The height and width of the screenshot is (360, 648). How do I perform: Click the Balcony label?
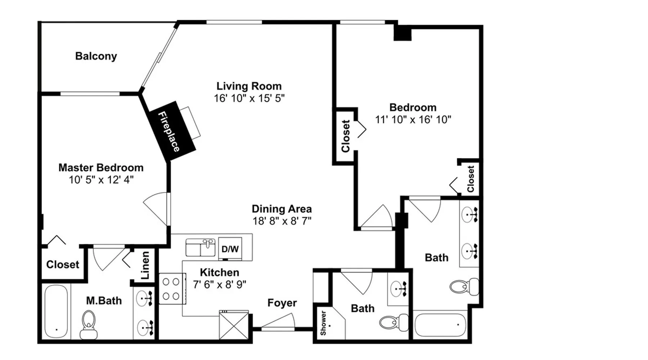click(96, 56)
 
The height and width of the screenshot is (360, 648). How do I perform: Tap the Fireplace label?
click(169, 131)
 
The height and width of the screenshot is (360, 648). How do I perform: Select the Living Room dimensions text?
click(249, 98)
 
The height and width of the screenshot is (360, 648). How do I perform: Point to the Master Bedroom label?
click(101, 167)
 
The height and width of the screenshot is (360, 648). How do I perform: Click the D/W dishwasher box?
click(230, 249)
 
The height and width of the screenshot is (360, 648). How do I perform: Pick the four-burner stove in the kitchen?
click(171, 289)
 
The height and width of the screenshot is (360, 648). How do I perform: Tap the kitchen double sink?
click(201, 247)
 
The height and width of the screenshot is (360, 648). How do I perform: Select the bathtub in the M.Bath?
click(56, 312)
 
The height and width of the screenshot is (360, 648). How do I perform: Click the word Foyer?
click(282, 303)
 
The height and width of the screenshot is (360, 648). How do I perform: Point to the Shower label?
click(323, 323)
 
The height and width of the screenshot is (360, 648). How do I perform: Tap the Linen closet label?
click(145, 265)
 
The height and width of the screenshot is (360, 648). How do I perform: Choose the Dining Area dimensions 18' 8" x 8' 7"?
click(282, 221)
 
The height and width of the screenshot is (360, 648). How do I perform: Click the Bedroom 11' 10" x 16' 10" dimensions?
click(413, 119)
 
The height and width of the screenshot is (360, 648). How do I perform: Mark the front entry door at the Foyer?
click(278, 323)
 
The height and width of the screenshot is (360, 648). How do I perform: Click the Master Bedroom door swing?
click(157, 209)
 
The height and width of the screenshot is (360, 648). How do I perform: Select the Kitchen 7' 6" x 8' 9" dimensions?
click(220, 284)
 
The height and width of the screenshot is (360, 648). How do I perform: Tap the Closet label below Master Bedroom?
click(63, 265)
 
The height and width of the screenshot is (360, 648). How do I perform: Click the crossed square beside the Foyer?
click(234, 325)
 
